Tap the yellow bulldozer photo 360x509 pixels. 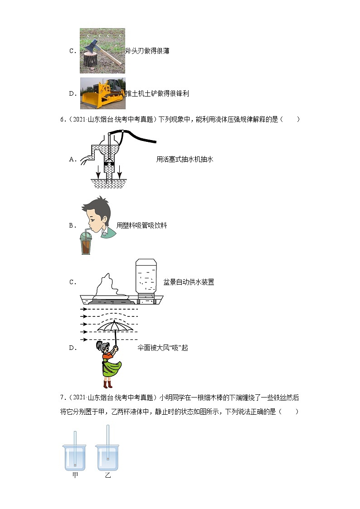(x=102, y=93)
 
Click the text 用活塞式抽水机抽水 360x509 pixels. (x=184, y=159)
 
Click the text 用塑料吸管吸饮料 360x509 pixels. (x=141, y=225)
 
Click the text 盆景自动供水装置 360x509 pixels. (x=188, y=282)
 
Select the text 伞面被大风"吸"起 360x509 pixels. (x=162, y=348)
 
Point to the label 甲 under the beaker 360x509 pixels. (x=75, y=475)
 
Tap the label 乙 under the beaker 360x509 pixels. (x=108, y=475)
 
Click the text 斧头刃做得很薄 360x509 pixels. (x=147, y=51)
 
